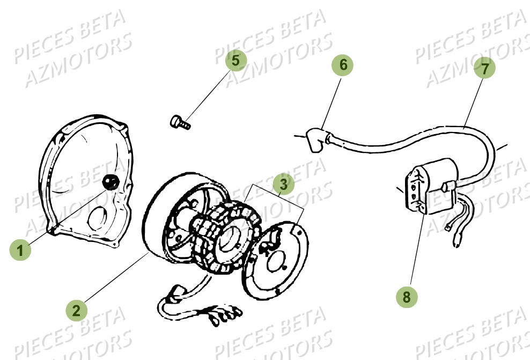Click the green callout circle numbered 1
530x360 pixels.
tap(20, 249)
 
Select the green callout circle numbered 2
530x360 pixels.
tap(76, 310)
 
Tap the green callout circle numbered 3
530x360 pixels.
tap(283, 184)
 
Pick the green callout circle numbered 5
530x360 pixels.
tap(236, 60)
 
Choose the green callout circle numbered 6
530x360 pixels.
tap(343, 65)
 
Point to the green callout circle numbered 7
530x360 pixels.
tap(485, 68)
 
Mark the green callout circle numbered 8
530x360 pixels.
tap(408, 296)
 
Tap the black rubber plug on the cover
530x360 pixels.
tap(111, 182)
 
